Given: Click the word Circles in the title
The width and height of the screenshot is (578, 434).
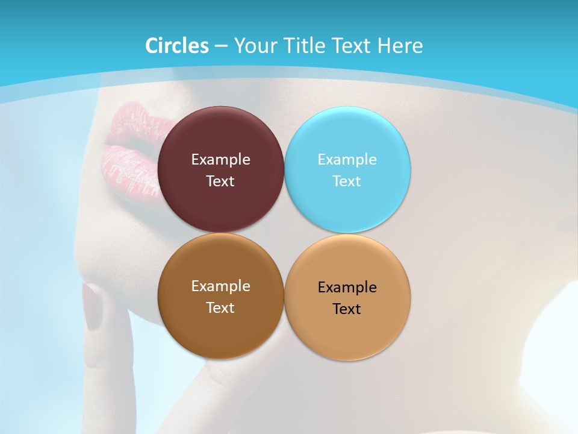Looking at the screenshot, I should pos(176,46).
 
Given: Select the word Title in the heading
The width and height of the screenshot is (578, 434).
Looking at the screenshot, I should pos(302,46).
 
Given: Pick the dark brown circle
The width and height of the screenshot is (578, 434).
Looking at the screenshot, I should pos(220,329).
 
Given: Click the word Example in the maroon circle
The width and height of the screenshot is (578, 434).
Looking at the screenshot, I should pos(220,160).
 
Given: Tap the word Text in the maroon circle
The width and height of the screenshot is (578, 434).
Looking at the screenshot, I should pos(220,181).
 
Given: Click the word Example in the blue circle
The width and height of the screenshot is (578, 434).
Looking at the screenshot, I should pos(347,160).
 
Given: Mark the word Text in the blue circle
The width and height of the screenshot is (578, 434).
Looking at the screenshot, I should pos(347,181).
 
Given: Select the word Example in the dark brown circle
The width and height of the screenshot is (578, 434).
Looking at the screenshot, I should pos(220,286).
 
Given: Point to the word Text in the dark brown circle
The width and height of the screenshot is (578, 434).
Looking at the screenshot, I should pos(220,307).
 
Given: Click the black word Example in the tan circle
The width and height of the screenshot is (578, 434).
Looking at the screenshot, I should pos(347,288).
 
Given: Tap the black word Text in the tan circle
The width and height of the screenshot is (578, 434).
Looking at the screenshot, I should pos(347,309).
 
